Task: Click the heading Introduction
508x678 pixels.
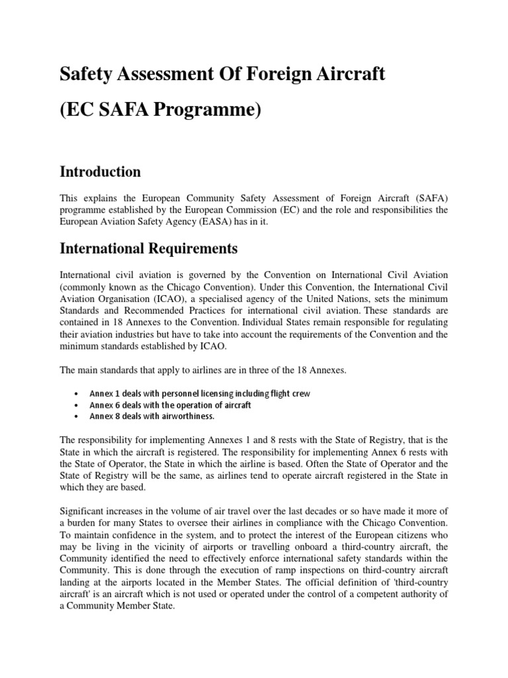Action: point(100,171)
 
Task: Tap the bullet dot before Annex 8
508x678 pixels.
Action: point(79,416)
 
